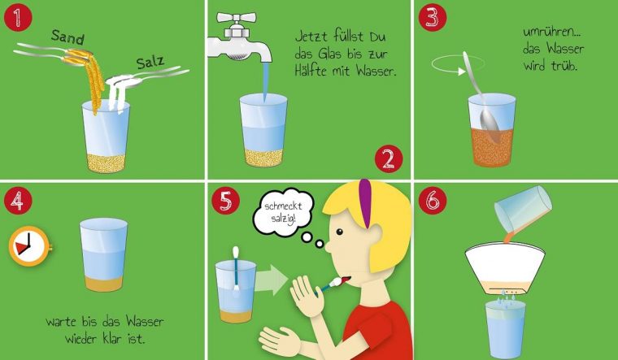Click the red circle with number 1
(x=18, y=18)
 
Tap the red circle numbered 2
(x=389, y=158)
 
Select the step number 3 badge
(x=433, y=18)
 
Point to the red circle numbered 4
(x=18, y=201)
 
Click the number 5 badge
(x=225, y=201)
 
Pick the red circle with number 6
(x=433, y=201)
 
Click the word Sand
(x=67, y=37)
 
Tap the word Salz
(x=150, y=63)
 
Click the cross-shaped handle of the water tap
(x=237, y=18)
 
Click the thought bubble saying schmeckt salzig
(x=283, y=212)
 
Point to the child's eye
(x=339, y=232)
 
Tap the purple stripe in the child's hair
(x=365, y=202)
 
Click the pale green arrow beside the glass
(x=272, y=280)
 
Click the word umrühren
(x=552, y=32)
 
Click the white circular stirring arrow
(x=458, y=64)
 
